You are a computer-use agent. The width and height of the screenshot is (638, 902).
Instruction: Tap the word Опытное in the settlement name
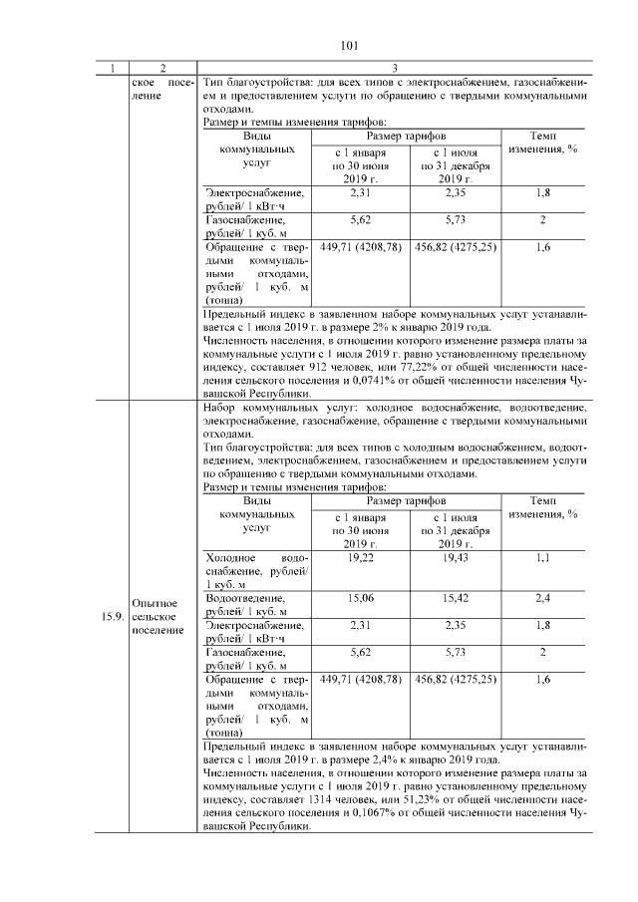pos(154,603)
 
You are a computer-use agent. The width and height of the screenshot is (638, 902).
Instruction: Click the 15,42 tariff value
pos(454,598)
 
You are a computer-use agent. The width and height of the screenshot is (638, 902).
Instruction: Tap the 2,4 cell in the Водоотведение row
pos(542,598)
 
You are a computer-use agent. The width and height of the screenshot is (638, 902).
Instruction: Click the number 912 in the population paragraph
pos(402,367)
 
